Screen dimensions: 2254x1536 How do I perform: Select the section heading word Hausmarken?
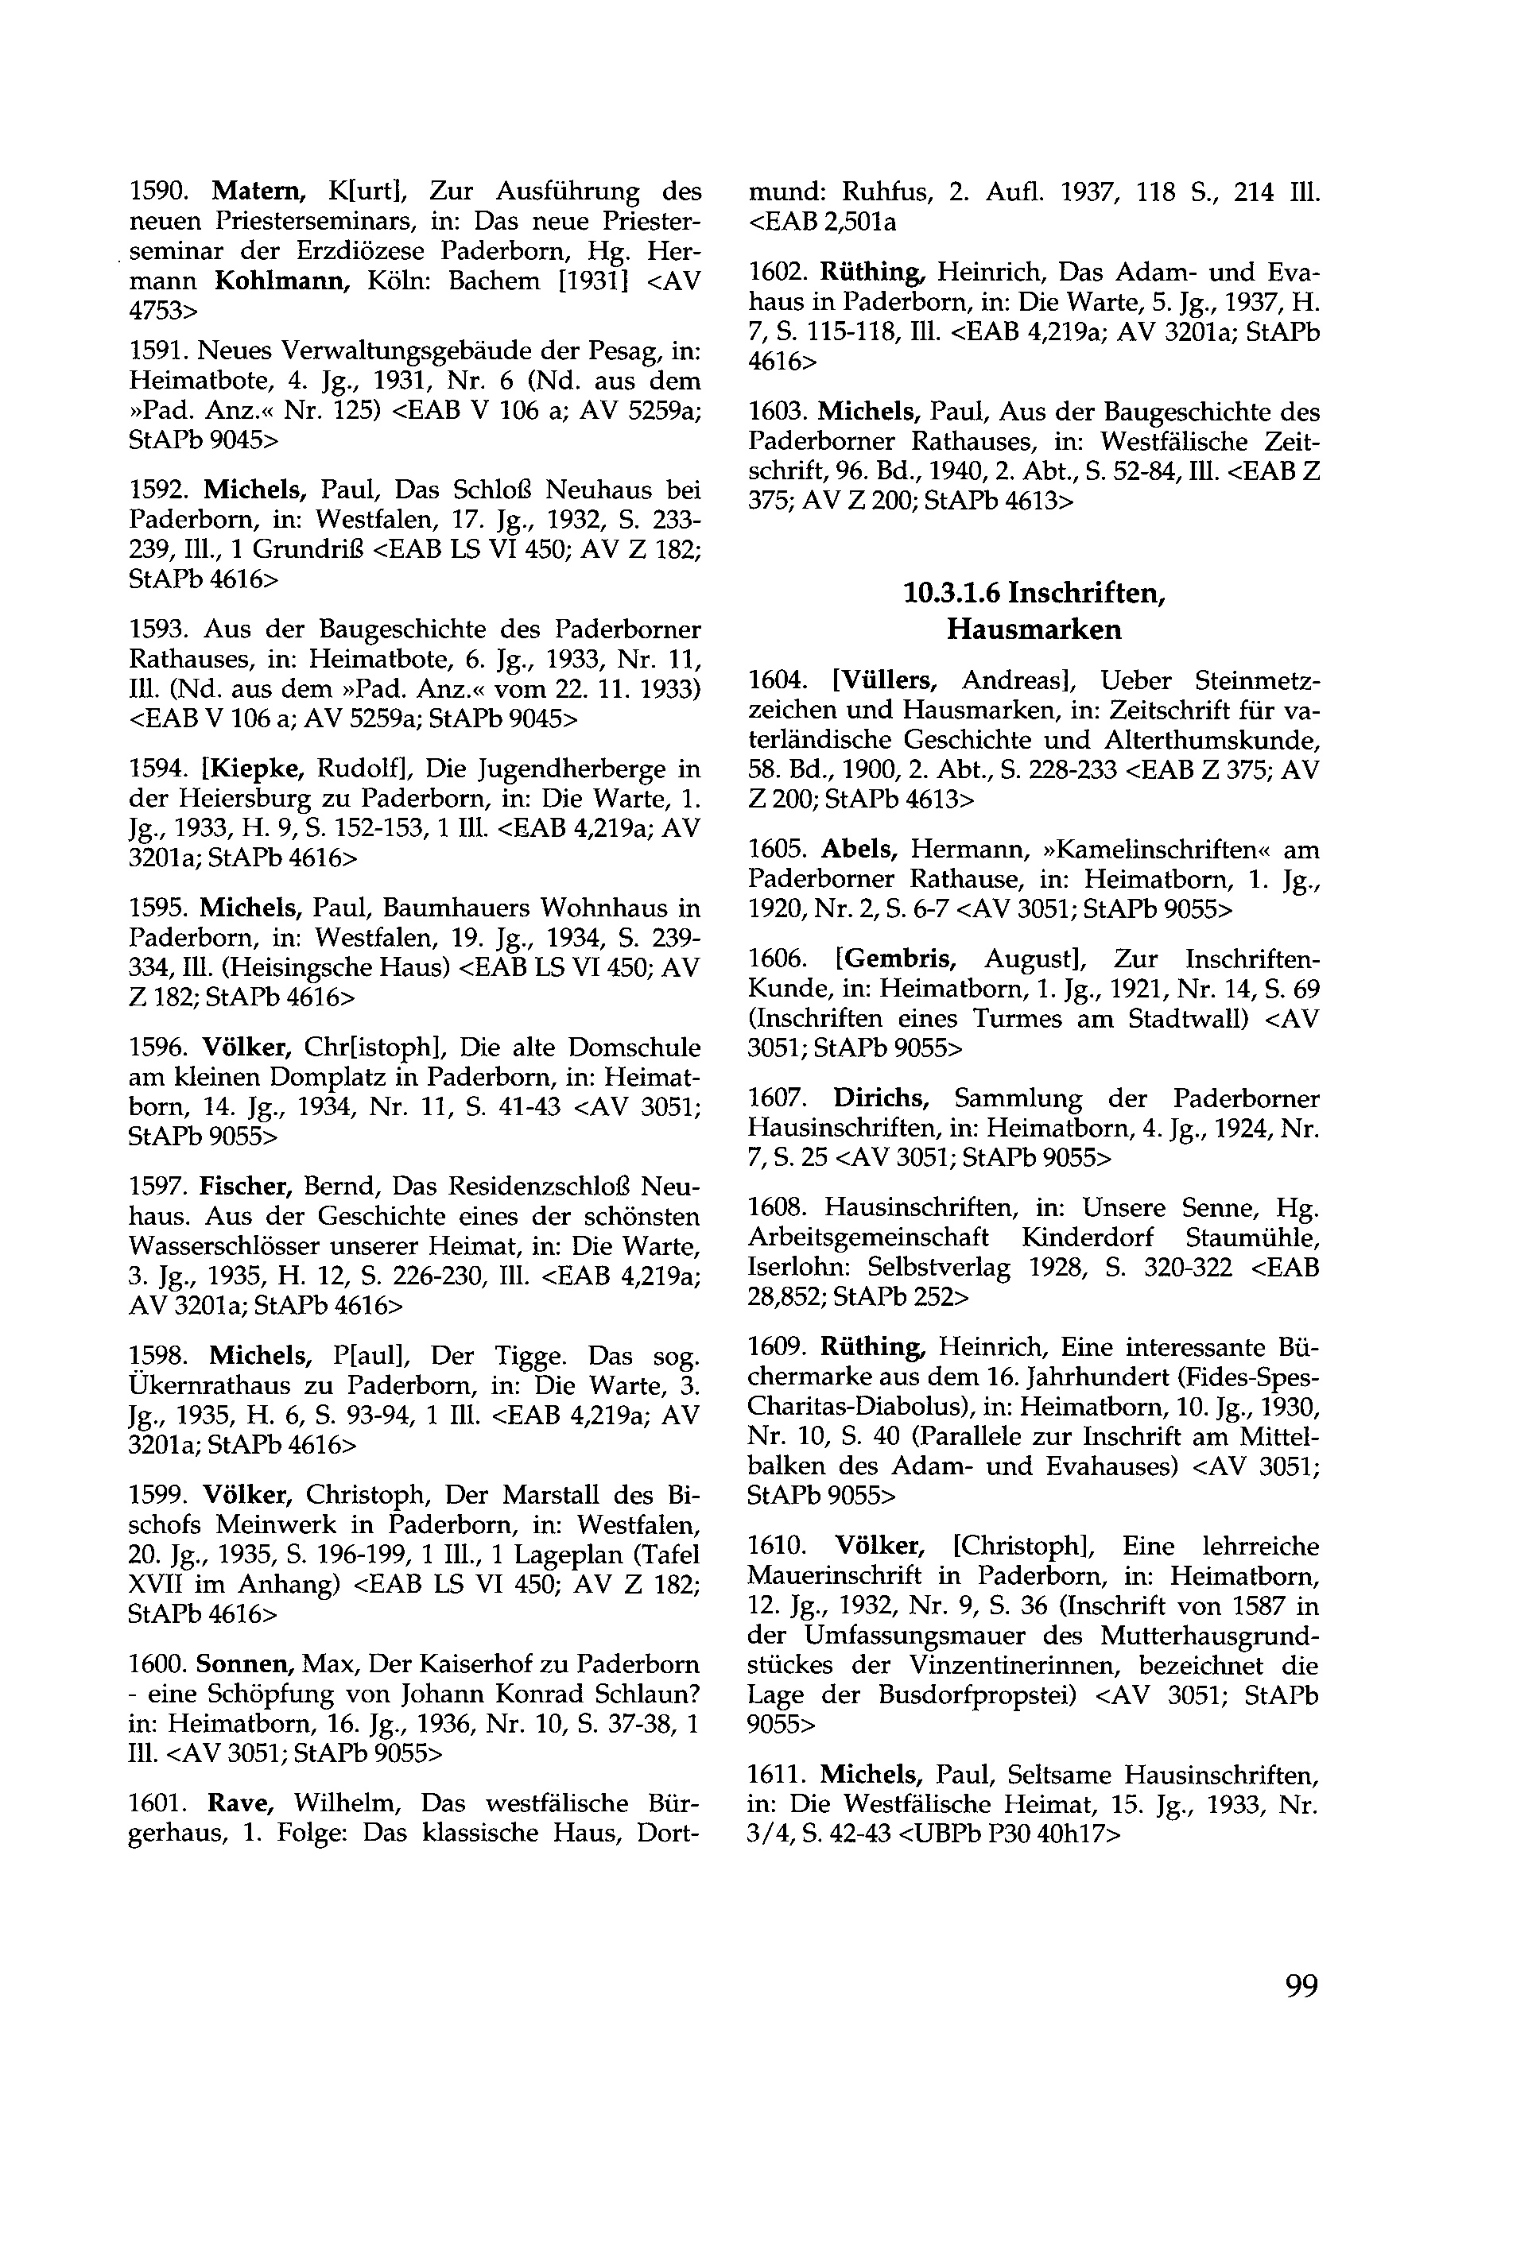click(1034, 630)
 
